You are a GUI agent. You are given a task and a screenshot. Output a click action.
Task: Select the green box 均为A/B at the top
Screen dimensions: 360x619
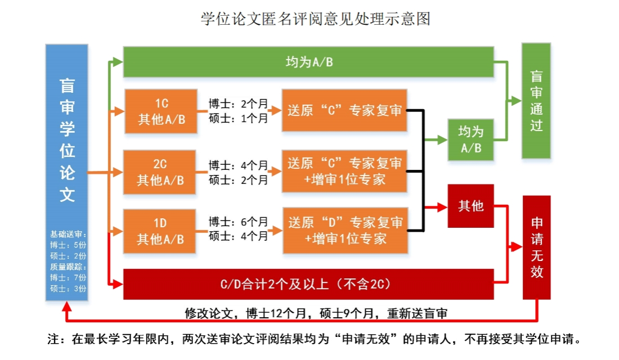308,61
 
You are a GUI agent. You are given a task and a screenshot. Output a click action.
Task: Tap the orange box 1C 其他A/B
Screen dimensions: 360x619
161,111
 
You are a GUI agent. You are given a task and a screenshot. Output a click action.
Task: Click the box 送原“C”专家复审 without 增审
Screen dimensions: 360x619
344,110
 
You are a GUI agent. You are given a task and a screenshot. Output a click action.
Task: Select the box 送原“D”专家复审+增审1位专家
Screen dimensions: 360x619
344,231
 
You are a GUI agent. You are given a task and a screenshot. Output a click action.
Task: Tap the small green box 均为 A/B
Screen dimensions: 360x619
470,139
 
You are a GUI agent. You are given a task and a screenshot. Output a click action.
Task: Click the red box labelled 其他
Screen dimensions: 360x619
470,206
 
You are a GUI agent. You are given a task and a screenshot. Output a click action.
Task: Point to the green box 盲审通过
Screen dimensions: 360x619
536,101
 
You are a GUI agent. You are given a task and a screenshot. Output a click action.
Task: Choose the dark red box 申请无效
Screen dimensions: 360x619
536,247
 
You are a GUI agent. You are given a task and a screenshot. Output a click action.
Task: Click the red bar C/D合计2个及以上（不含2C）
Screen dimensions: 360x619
308,284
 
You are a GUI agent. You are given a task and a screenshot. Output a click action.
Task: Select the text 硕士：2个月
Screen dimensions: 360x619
238,180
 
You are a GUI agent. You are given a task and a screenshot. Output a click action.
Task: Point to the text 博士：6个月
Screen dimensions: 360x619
238,222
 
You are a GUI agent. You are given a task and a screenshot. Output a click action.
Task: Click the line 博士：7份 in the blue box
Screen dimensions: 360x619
67,277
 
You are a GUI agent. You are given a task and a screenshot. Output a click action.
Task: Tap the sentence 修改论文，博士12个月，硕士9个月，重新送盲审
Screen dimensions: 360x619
316,313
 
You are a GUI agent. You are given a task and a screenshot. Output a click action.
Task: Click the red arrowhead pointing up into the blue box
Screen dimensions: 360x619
67,308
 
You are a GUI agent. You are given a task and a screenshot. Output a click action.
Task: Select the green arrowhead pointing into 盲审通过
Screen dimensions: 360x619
516,101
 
